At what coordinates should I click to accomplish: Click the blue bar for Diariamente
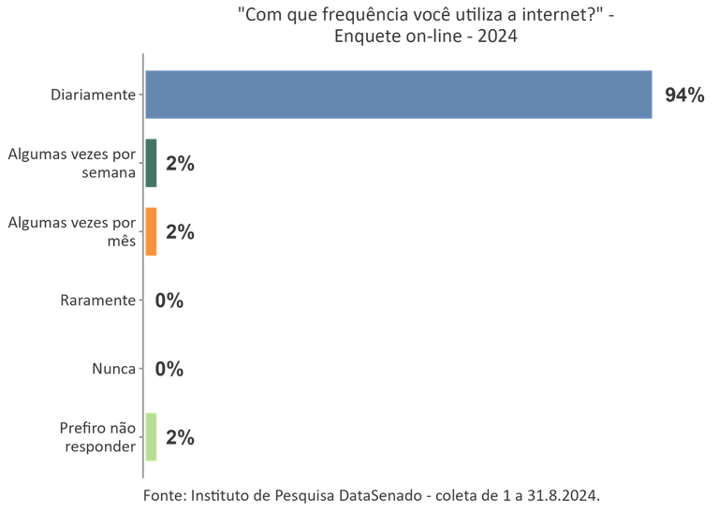tap(398, 95)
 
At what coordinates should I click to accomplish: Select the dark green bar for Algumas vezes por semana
tap(152, 163)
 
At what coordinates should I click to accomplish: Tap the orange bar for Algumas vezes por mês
tap(152, 231)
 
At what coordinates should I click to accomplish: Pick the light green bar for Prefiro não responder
tap(152, 437)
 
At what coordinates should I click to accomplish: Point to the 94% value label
tap(683, 95)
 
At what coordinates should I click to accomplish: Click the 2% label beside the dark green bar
tap(179, 164)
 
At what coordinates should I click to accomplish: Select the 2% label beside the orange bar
tap(179, 232)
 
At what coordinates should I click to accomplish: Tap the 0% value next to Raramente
tap(169, 300)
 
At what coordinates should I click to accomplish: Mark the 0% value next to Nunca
tap(169, 369)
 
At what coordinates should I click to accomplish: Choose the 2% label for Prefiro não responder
tap(179, 437)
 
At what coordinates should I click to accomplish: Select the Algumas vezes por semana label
tap(71, 163)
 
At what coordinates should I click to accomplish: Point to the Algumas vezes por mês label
tap(71, 231)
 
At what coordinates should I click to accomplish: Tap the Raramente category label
tap(97, 300)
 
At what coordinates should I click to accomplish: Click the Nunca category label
tap(113, 369)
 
